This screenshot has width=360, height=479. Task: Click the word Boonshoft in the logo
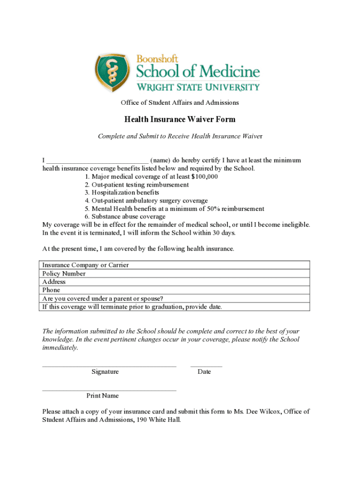point(157,59)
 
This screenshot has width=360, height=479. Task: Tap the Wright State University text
point(198,87)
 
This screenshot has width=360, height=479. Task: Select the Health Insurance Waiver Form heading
point(180,120)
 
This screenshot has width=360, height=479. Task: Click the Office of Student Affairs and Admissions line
point(180,102)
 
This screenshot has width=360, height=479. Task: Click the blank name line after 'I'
point(97,160)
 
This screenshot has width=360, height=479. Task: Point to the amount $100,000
point(204,177)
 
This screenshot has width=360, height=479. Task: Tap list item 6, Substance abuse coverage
point(125,217)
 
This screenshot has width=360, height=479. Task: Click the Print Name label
point(102,396)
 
